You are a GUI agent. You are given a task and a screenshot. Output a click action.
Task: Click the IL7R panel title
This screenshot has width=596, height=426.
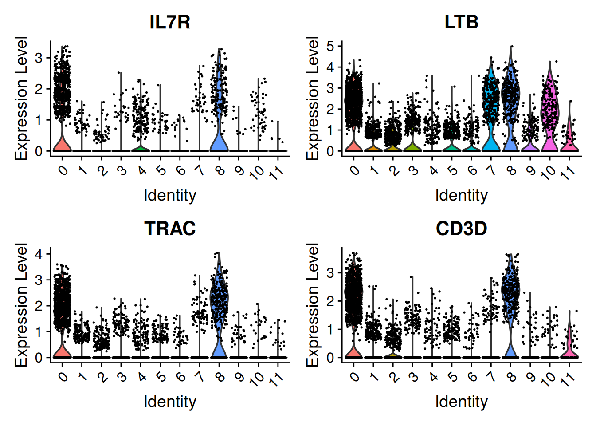(170, 22)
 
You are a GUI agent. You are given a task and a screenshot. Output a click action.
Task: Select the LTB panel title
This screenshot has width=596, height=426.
(461, 22)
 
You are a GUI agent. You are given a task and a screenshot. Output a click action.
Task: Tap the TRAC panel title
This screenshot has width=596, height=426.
(170, 229)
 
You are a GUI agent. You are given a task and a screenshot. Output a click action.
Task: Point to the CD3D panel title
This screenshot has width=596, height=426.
(461, 229)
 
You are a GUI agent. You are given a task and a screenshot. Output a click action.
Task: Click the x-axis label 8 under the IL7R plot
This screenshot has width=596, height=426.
(220, 171)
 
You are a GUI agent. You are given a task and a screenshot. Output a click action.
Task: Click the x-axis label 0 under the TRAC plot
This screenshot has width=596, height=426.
(63, 377)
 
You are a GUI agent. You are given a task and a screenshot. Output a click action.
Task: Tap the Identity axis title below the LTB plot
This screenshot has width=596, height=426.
(461, 196)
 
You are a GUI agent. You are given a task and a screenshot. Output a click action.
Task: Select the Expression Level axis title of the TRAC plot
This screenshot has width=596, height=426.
(21, 305)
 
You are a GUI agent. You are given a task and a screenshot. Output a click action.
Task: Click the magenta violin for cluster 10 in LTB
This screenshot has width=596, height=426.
(550, 106)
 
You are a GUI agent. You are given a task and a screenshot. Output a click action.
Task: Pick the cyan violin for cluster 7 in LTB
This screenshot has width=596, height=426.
(491, 104)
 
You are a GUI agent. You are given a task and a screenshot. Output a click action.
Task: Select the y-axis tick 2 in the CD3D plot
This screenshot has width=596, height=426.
(330, 301)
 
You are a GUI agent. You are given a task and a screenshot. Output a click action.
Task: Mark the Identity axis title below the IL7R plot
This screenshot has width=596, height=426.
(170, 196)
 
